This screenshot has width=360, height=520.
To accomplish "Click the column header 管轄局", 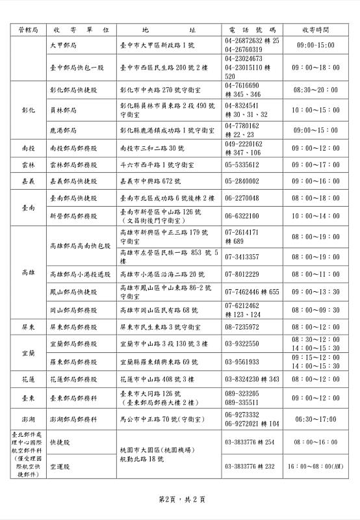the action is [x=27, y=30].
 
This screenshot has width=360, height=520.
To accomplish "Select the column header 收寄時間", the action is [x=315, y=30].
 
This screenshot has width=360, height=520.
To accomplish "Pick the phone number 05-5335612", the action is [x=242, y=165].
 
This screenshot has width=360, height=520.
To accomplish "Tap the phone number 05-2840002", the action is [x=242, y=181].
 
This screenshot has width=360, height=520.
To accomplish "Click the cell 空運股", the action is [x=60, y=466].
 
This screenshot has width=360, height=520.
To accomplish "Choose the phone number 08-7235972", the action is [x=242, y=327].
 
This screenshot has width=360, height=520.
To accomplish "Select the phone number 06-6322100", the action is [x=242, y=216].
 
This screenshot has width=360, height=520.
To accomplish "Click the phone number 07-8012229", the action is [x=242, y=274].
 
